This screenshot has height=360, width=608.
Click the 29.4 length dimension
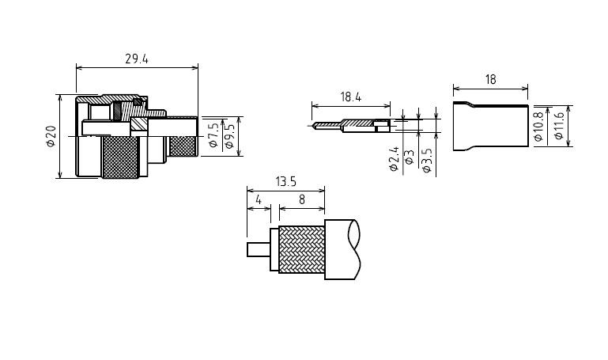pyautogui.click(x=137, y=59)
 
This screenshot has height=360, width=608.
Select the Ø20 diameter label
pyautogui.click(x=51, y=137)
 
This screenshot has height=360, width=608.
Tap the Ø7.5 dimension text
pyautogui.click(x=213, y=135)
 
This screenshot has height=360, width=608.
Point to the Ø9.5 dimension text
pyautogui.click(x=229, y=136)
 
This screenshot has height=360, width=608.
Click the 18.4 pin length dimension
pyautogui.click(x=351, y=97)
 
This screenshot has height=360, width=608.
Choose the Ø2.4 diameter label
pyautogui.click(x=394, y=159)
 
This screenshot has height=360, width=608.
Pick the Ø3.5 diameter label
pyautogui.click(x=426, y=160)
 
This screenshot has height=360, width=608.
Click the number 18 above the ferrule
pyautogui.click(x=490, y=80)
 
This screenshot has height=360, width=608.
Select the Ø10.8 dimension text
pyautogui.click(x=538, y=127)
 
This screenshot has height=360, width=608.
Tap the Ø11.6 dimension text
pyautogui.click(x=558, y=126)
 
